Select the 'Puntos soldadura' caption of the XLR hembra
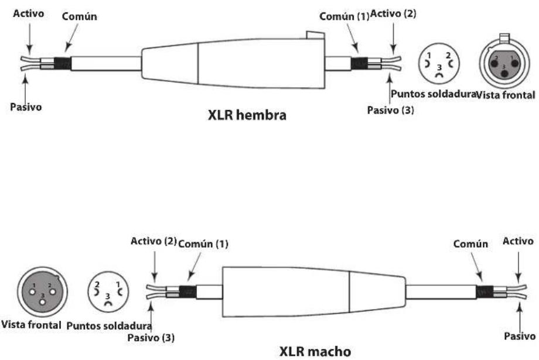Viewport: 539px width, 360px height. click(432, 94)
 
